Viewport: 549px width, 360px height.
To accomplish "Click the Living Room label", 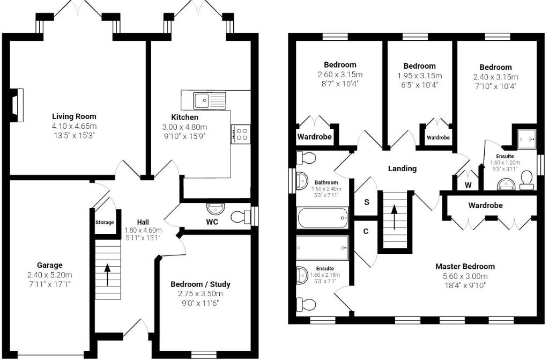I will coord(74,116).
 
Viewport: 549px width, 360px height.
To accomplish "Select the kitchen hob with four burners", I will coord(242,134).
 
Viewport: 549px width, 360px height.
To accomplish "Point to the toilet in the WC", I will coord(241,217).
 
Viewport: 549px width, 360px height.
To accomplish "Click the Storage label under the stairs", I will coord(105,222).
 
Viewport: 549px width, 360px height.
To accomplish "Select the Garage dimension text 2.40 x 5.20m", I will coord(50,275).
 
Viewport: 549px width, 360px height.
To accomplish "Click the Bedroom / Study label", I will coord(200,284).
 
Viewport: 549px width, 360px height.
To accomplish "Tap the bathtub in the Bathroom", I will coord(322,218).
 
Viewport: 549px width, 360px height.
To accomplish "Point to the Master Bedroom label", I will coord(465,266).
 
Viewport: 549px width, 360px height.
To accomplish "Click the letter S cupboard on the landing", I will coord(367,203).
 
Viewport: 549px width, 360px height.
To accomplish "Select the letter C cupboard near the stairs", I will coord(366,232).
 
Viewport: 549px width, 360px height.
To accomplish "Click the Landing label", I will coord(402,168).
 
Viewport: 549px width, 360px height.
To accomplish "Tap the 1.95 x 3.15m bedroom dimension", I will coord(419,76).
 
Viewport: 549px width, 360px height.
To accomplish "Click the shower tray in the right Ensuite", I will coord(527,138).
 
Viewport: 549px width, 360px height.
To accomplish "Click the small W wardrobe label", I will coord(468,186).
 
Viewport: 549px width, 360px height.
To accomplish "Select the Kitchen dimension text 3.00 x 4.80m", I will coord(184,127).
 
